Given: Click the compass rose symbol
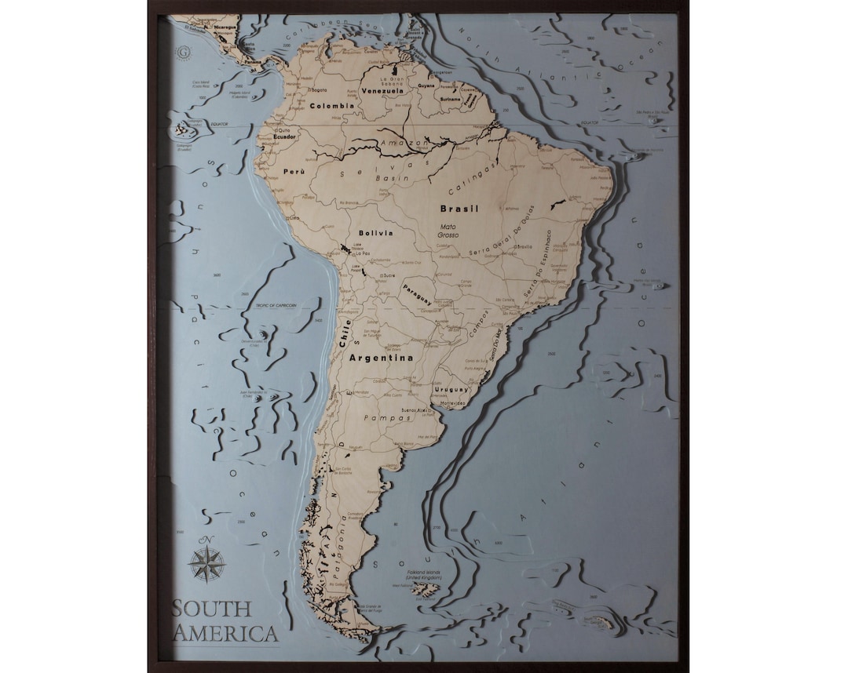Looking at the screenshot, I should [207, 563].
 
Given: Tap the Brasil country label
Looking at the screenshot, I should [459, 209].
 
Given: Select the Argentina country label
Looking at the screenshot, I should [381, 358].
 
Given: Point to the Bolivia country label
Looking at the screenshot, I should [375, 233].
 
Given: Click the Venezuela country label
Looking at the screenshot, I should [382, 90].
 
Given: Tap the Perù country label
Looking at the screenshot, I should [293, 170].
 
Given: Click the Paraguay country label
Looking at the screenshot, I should [417, 293].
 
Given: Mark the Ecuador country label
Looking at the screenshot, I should [284, 136].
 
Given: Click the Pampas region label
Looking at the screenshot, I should [393, 418].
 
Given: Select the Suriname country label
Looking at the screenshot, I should [450, 100].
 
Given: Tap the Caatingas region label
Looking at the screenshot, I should [473, 180].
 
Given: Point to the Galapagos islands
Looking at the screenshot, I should [186, 129].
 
